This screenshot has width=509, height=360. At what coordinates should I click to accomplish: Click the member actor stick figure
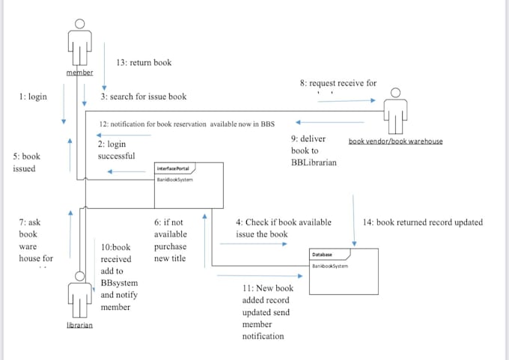tap(79, 43)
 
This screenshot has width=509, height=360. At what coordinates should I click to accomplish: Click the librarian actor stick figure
tap(79, 294)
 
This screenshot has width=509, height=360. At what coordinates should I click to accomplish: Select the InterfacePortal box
tap(188, 185)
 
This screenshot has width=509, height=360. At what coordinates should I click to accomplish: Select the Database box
tap(332, 260)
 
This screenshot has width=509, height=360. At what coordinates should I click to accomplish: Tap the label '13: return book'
tap(144, 63)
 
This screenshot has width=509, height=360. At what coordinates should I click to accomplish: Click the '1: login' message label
tap(33, 97)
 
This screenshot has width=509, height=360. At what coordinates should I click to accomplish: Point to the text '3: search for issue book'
tap(144, 97)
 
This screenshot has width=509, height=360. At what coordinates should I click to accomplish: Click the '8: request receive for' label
tap(338, 83)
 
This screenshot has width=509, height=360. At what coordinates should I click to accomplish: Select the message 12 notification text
tap(187, 123)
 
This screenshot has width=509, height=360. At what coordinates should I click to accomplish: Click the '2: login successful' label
tap(116, 150)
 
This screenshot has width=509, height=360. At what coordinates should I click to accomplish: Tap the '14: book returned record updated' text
tap(422, 222)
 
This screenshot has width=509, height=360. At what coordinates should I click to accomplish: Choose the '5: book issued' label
tap(26, 162)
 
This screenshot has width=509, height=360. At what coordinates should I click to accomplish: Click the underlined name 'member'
tap(79, 73)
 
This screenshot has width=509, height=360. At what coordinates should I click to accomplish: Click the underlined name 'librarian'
tap(79, 326)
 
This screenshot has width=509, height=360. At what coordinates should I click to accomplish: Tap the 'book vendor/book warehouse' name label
tap(395, 141)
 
